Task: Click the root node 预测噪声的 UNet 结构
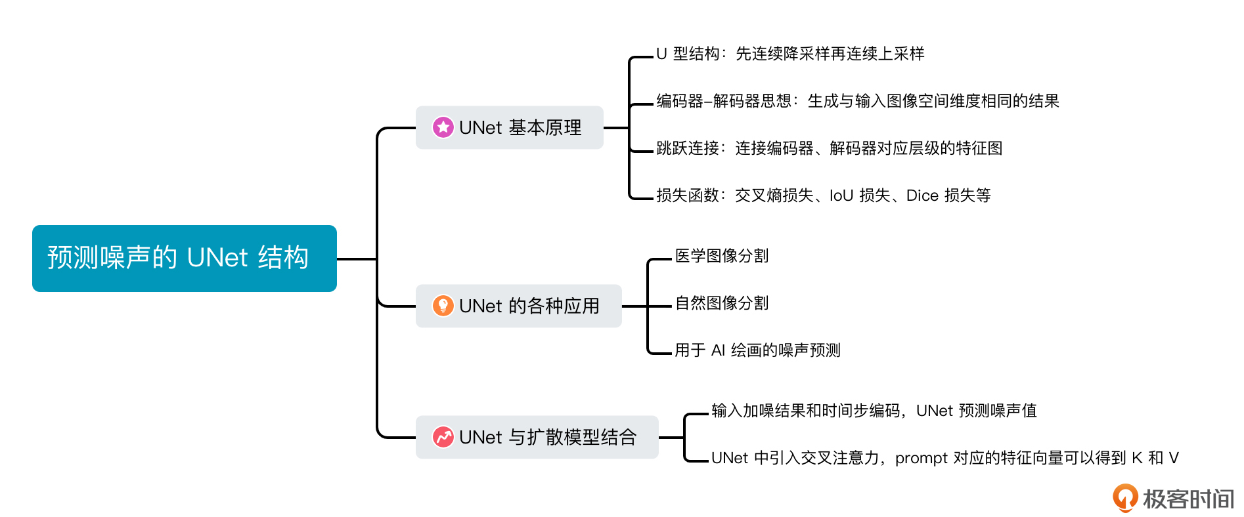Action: pos(185,258)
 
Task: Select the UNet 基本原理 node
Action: pos(510,127)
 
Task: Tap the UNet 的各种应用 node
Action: pos(519,306)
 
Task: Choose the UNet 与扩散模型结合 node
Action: pos(537,437)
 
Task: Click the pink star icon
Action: pos(443,127)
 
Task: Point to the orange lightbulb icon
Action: pos(443,306)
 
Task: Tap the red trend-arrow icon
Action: pos(443,437)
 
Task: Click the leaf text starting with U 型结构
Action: pos(790,54)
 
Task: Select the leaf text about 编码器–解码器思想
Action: pos(858,101)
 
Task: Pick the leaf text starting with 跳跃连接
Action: pos(830,148)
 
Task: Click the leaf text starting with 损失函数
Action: pos(824,196)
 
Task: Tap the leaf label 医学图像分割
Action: pos(722,256)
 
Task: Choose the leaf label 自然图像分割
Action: pos(722,303)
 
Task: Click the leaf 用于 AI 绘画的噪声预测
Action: pos(757,350)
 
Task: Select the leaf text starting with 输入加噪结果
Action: pos(874,411)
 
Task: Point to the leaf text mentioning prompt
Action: pos(945,458)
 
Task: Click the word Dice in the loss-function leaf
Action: pos(922,196)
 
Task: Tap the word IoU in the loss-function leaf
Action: pos(841,196)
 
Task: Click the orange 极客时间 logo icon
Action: pos(1125,498)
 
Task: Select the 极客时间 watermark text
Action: pos(1188,499)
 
